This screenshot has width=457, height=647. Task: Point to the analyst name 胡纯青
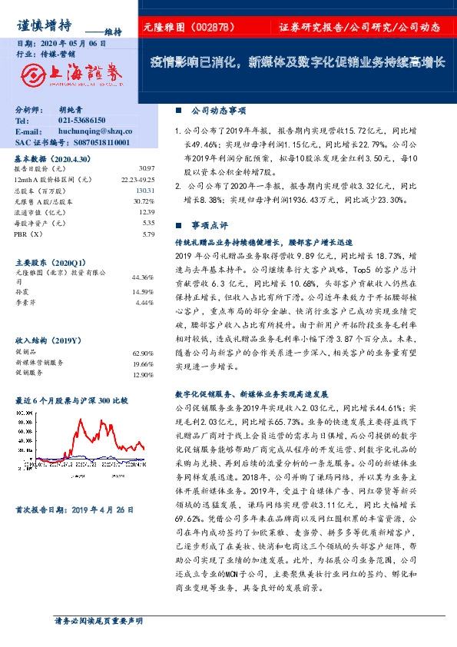[x=73, y=111]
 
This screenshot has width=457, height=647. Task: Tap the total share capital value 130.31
[x=145, y=190]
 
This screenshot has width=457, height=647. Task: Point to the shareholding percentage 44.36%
[x=144, y=277]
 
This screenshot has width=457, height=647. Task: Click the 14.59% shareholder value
[x=144, y=291]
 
